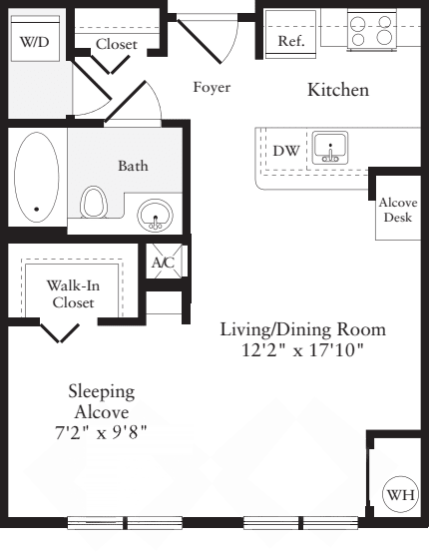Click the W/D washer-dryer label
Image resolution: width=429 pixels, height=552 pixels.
(35, 42)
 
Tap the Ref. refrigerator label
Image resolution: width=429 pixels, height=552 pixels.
(291, 41)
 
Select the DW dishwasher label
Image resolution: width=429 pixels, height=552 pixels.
(286, 151)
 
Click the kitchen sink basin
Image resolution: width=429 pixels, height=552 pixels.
(330, 148)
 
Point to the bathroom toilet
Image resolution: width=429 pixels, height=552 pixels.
(93, 202)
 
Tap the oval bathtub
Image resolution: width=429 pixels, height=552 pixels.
(36, 177)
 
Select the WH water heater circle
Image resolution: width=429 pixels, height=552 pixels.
(400, 495)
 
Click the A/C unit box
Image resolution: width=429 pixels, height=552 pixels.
(164, 262)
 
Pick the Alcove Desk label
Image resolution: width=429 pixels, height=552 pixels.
(398, 210)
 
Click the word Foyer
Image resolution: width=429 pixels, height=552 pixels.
(212, 87)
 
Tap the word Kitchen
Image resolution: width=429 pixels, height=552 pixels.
(338, 90)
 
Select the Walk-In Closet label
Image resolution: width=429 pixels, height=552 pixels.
(73, 293)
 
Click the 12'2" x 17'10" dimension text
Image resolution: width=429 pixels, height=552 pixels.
(302, 350)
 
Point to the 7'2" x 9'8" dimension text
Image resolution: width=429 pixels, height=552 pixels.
(101, 432)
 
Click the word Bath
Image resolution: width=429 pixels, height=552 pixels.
(133, 166)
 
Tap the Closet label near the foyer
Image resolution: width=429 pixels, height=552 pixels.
(116, 44)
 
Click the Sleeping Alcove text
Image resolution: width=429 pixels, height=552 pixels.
(102, 402)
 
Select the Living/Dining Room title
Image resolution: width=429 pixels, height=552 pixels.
(303, 329)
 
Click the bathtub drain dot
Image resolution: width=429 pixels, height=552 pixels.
(37, 209)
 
